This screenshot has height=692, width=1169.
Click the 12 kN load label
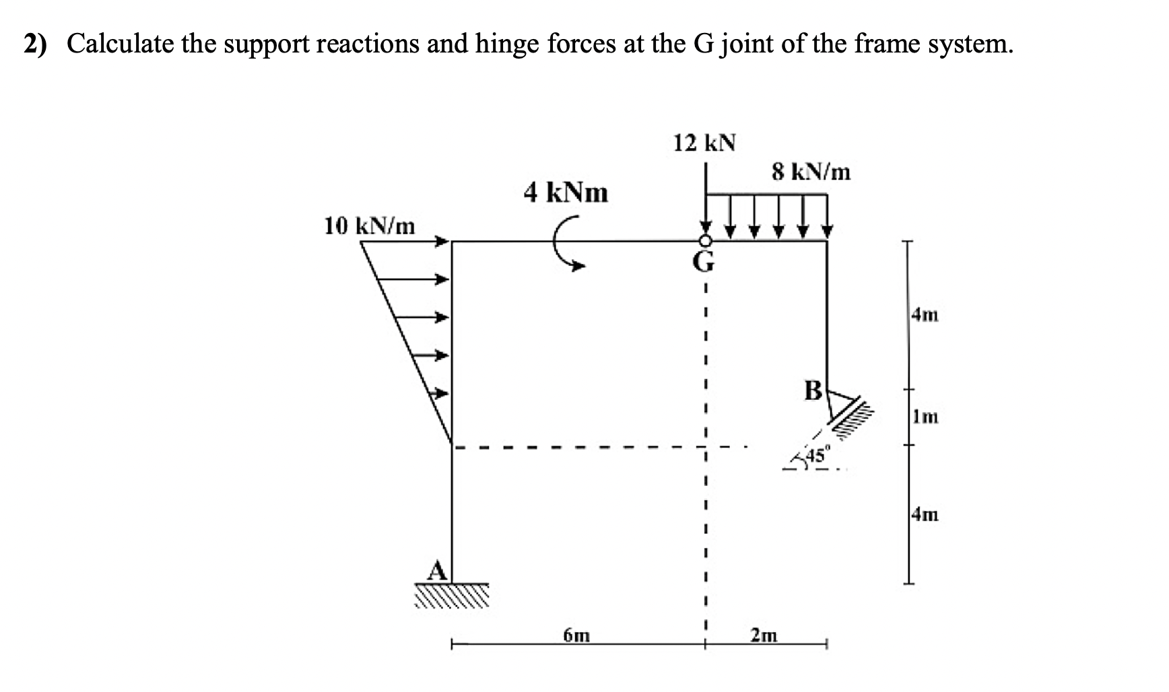(704, 143)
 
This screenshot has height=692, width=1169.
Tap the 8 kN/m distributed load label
(811, 173)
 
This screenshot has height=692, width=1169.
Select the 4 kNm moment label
(566, 193)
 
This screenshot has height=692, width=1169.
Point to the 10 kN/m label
(369, 226)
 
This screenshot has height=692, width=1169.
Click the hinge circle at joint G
(705, 241)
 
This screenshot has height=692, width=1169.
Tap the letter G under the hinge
(704, 261)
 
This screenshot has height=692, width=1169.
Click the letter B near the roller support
(813, 390)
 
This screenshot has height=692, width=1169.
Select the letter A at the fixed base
(437, 571)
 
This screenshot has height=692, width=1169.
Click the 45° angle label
(819, 456)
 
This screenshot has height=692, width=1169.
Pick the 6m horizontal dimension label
(576, 635)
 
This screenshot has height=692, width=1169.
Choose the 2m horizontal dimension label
(764, 635)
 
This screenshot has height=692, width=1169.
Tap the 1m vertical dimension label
(926, 416)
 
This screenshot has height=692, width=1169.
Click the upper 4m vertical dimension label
(925, 314)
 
